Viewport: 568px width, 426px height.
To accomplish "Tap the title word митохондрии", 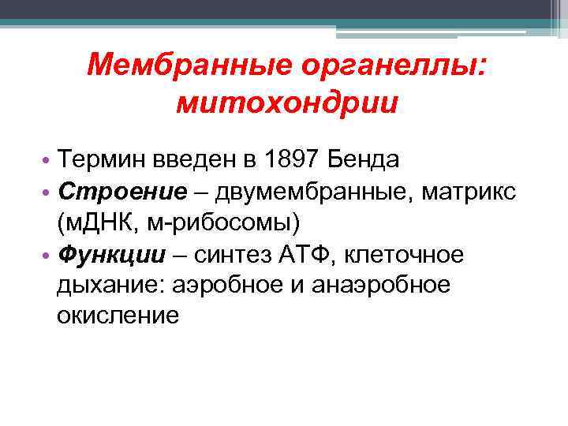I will [287, 102].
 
